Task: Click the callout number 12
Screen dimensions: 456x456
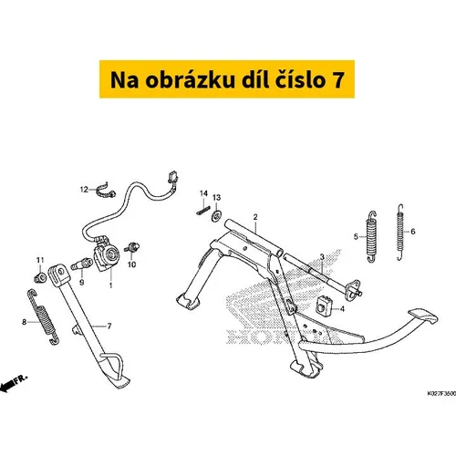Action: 84,190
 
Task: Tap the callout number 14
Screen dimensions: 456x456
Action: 203,193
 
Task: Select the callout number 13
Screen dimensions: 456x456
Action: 216,198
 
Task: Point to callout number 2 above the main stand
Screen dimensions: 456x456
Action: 255,217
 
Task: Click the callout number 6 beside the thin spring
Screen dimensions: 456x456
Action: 413,232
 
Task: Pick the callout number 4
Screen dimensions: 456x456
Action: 342,309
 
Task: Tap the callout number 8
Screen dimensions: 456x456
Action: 25,322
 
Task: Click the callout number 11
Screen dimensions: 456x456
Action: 40,260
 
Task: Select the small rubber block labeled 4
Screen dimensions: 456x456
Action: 323,306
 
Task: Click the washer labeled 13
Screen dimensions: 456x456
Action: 216,216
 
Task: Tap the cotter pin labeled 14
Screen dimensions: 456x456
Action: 203,211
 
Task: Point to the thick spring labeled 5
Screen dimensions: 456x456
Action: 371,236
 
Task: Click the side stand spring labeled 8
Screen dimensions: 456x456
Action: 43,317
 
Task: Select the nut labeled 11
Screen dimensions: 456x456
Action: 40,277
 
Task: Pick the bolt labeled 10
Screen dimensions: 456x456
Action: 132,247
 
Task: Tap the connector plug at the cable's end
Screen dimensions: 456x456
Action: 173,177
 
